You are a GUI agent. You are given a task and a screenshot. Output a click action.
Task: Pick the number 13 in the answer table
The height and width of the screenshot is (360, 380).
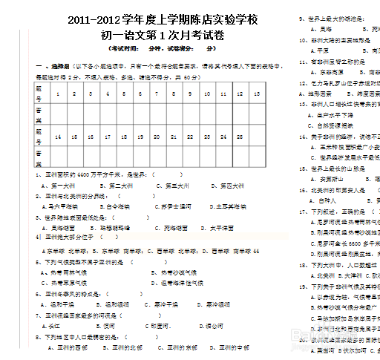(x=256, y=94)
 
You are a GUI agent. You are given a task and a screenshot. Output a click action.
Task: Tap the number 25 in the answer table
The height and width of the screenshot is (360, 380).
(x=240, y=137)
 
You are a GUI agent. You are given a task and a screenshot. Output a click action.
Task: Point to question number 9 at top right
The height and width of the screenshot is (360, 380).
(x=301, y=17)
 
